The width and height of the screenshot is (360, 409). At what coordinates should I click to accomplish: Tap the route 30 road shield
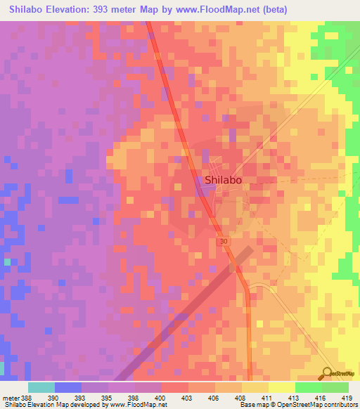[x=224, y=241]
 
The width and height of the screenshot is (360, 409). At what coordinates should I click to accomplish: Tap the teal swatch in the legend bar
[x=41, y=387]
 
